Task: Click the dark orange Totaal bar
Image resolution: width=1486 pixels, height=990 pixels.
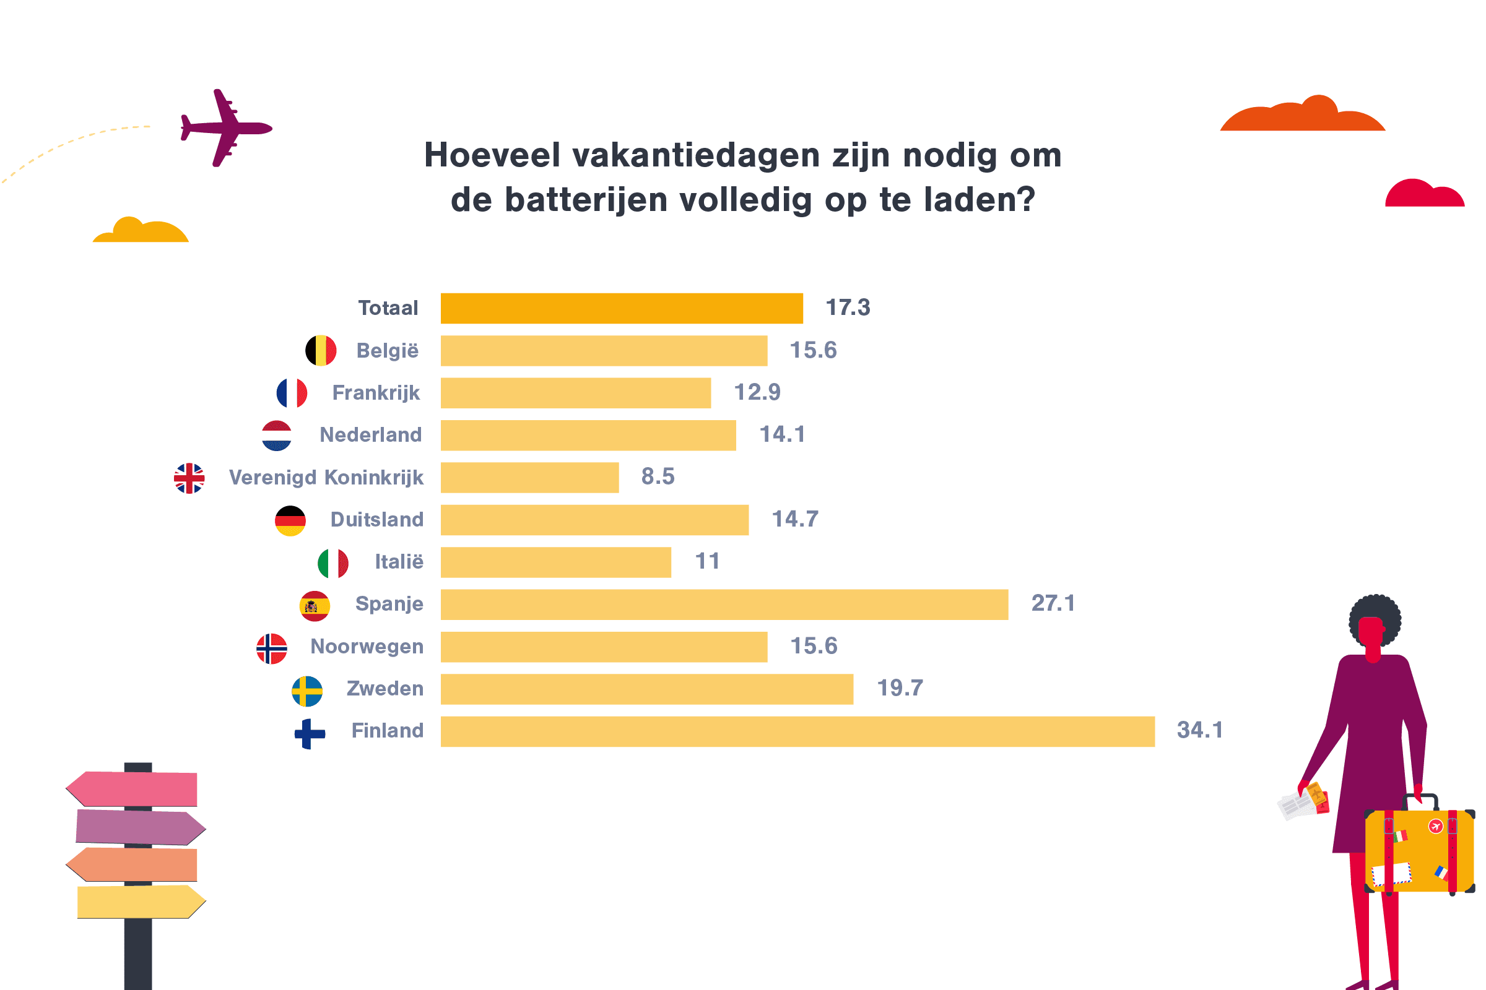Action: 622,308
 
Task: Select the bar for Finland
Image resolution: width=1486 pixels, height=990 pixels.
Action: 797,731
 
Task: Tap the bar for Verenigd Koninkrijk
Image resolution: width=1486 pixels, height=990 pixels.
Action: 529,477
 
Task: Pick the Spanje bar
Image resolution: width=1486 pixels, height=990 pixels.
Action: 724,605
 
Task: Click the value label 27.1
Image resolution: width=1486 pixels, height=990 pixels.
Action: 1053,603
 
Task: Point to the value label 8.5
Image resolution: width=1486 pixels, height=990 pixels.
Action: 658,476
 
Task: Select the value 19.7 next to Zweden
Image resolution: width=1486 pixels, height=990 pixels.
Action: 900,687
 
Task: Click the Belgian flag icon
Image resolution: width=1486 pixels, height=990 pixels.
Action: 321,350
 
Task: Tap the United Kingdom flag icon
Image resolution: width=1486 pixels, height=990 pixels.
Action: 189,478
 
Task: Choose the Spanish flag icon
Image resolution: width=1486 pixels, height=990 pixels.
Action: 315,606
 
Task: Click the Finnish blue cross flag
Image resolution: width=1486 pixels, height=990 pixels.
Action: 310,734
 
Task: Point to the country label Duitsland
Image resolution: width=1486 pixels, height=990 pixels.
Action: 376,519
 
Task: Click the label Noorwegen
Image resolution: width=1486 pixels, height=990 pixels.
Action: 367,646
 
